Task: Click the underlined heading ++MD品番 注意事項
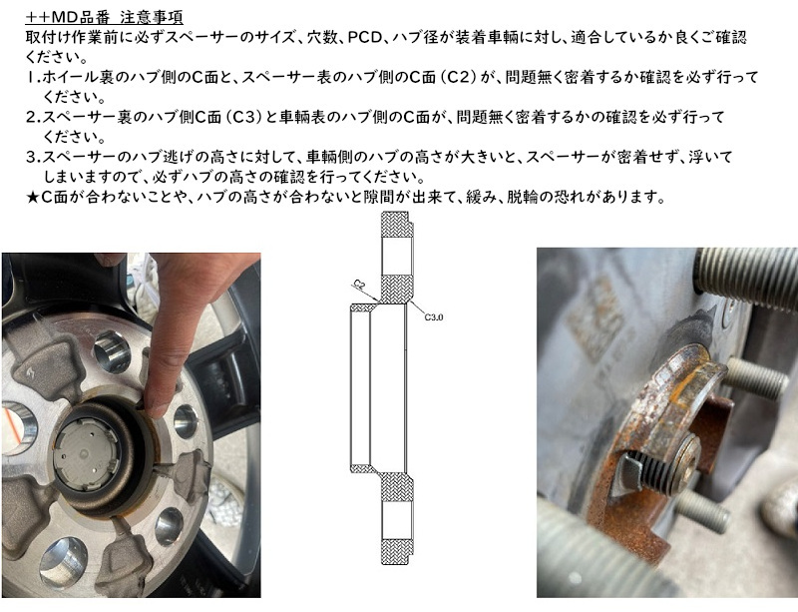(105, 17)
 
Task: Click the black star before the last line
(32, 197)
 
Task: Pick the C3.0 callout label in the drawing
(434, 316)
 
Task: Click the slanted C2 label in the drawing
(359, 286)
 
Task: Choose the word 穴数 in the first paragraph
(322, 37)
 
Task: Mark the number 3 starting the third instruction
(31, 157)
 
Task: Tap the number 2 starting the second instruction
(31, 117)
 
